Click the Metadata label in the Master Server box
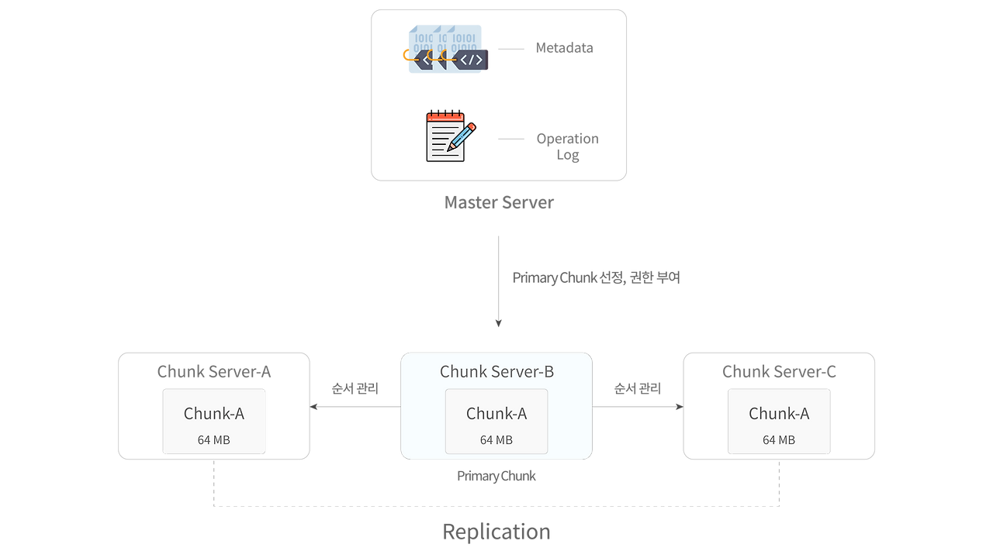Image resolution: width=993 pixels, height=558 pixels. [564, 48]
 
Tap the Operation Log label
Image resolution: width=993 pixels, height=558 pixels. [568, 146]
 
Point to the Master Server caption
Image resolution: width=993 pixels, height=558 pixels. [499, 203]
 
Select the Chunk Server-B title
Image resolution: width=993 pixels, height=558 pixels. [496, 372]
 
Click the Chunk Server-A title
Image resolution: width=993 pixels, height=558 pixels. [214, 371]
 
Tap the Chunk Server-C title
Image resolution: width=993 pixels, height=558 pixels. [779, 371]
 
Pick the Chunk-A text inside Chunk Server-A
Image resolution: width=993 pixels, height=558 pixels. [214, 414]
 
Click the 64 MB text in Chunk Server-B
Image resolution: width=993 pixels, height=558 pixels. [496, 440]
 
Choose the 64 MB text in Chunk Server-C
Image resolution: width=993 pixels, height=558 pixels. [779, 440]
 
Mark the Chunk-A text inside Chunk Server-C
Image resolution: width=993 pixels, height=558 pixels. [779, 414]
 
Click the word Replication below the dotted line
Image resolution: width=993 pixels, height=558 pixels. [496, 532]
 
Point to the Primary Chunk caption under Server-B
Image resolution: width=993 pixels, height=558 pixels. [496, 477]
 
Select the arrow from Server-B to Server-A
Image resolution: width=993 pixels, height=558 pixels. [355, 406]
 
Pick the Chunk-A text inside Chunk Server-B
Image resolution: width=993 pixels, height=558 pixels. [496, 414]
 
